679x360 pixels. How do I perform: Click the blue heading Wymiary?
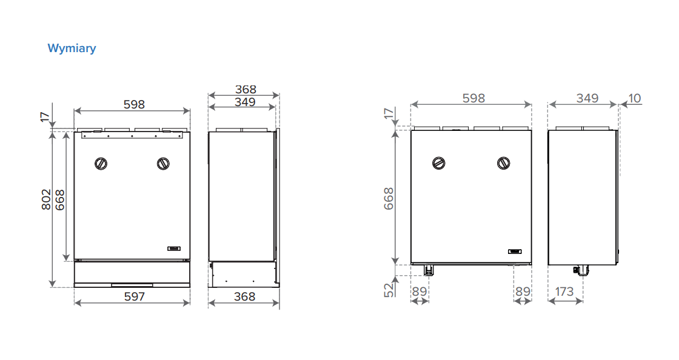tap(72, 48)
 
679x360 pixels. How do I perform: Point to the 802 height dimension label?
tap(46, 199)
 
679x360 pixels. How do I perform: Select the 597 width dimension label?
tap(134, 296)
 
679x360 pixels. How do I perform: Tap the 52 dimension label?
tap(389, 290)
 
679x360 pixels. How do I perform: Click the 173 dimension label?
tap(564, 292)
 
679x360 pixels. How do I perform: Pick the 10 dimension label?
tap(634, 98)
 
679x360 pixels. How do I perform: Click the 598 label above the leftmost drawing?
tap(134, 104)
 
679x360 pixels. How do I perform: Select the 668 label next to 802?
tap(60, 200)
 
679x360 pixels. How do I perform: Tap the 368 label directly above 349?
tap(246, 89)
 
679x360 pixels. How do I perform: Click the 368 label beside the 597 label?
tap(245, 296)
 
